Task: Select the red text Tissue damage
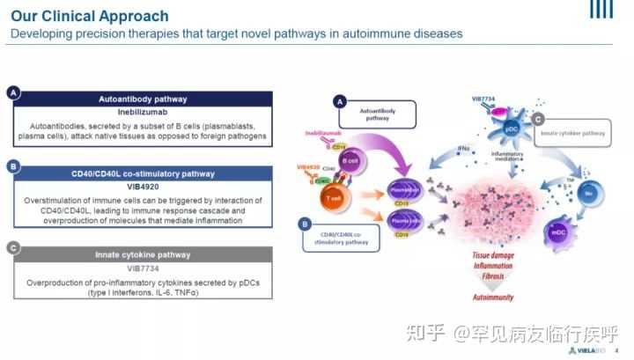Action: coord(492,256)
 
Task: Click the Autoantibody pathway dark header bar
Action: coord(142,99)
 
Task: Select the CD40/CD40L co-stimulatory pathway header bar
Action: coord(142,173)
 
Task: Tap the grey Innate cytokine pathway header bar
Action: coord(142,255)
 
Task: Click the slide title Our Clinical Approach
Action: coord(90,17)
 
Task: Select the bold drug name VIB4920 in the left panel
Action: coord(142,187)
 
